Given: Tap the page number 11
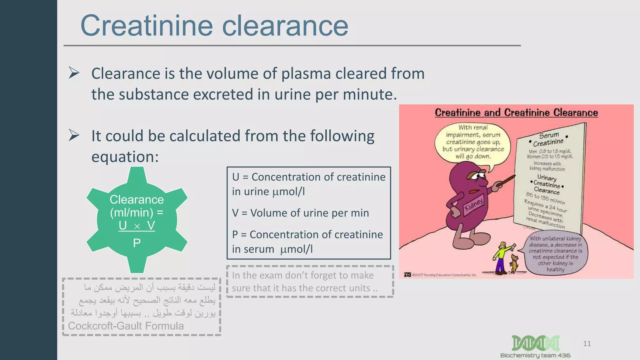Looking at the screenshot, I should pyautogui.click(x=587, y=344).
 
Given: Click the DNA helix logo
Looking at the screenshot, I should pyautogui.click(x=536, y=343).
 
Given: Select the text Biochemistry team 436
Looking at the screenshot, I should pyautogui.click(x=535, y=356).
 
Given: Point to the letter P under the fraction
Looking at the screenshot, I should pyautogui.click(x=137, y=243).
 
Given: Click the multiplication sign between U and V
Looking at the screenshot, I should pyautogui.click(x=137, y=227).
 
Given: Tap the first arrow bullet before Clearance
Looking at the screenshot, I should pyautogui.click(x=74, y=73).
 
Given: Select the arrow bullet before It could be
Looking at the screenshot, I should pyautogui.click(x=74, y=135).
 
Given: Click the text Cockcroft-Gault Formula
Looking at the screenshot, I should pyautogui.click(x=126, y=326).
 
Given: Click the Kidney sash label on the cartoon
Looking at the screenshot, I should pyautogui.click(x=474, y=205).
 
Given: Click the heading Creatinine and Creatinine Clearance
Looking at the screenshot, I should pyautogui.click(x=516, y=112).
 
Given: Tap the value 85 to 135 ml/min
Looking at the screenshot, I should pyautogui.click(x=545, y=198).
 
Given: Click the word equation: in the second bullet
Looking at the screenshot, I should pyautogui.click(x=125, y=157).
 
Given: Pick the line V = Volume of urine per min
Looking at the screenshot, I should pyautogui.click(x=300, y=213).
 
